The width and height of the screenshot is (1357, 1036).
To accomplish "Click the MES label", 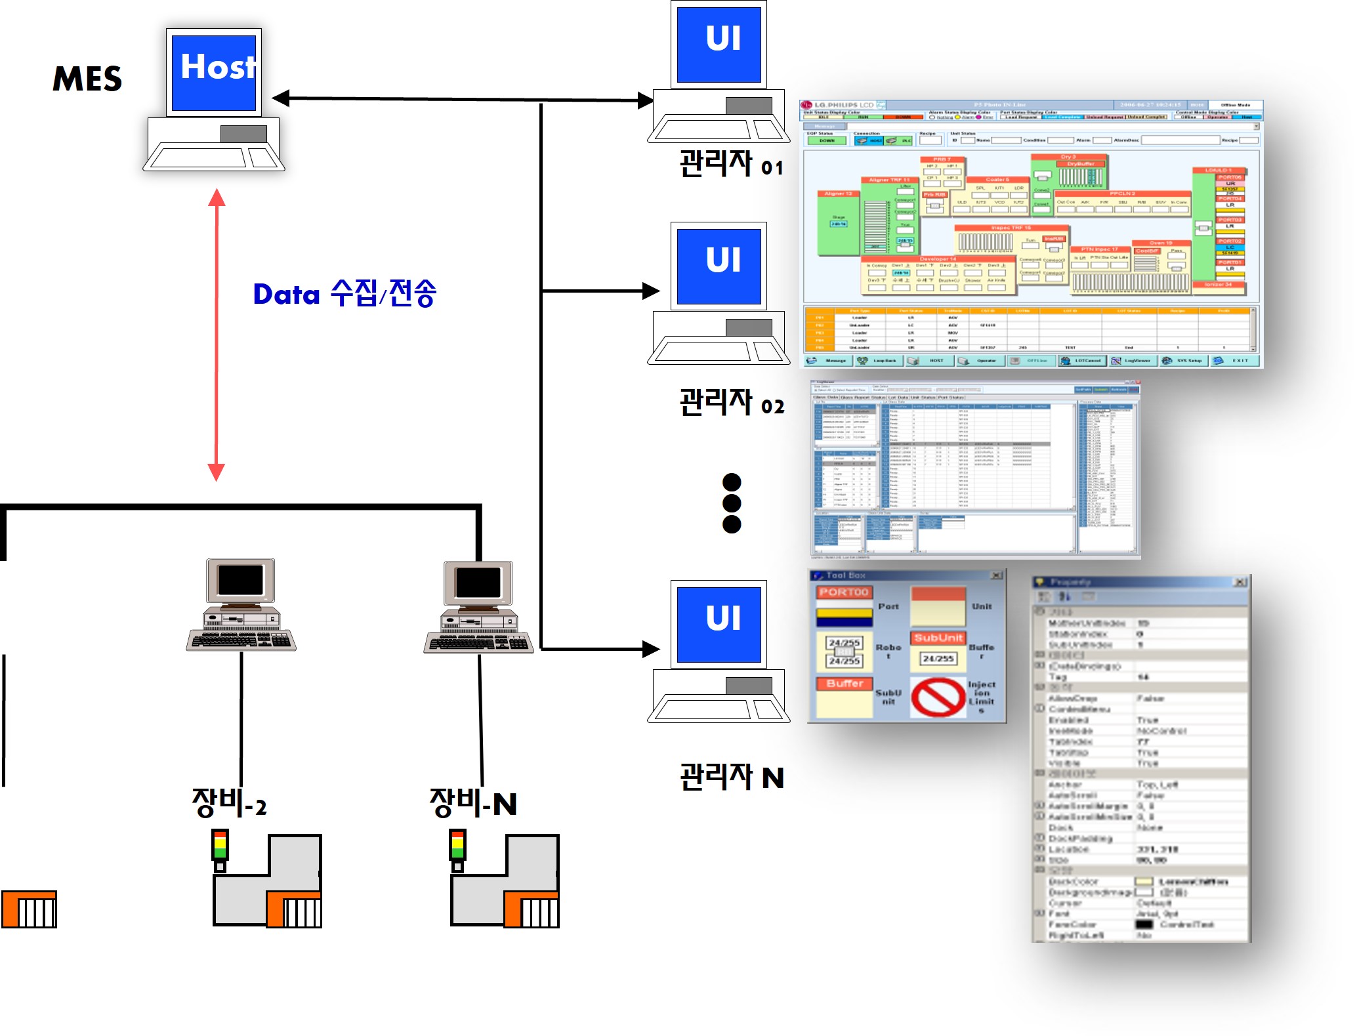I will click(87, 79).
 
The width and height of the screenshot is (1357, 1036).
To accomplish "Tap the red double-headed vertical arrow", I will click(217, 335).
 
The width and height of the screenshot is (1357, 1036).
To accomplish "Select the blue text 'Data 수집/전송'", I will click(344, 293).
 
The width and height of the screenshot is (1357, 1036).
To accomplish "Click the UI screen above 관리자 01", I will click(719, 45).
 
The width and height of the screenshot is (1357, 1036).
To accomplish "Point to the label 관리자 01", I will click(731, 164).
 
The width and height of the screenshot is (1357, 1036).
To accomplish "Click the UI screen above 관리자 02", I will click(719, 266).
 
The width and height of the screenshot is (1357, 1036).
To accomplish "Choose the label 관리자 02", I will click(731, 403).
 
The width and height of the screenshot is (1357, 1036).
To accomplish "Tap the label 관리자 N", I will click(731, 777).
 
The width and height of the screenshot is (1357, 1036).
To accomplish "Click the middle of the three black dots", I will click(732, 503).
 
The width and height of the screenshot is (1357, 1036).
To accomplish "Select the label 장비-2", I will click(229, 803).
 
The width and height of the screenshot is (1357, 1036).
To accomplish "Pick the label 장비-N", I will click(472, 803).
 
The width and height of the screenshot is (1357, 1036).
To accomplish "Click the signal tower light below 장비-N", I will click(457, 846).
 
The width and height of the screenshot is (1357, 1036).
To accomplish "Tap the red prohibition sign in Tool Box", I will click(938, 697).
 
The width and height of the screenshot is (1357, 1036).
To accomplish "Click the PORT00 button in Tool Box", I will click(844, 592).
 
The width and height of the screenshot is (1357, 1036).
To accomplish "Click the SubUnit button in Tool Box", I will click(938, 638).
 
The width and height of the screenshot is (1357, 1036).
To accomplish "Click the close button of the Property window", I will click(1240, 582).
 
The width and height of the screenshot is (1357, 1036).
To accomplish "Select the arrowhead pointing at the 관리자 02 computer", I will click(651, 291).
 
